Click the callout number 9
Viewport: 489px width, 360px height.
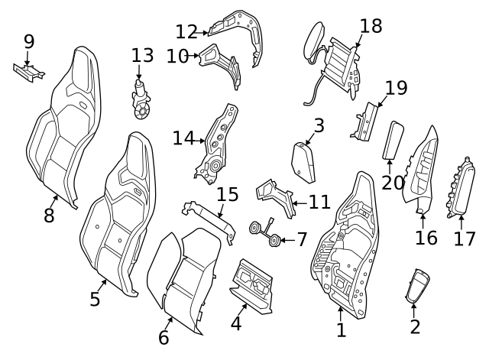pyautogui.click(x=29, y=41)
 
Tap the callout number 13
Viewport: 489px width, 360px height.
pyautogui.click(x=142, y=55)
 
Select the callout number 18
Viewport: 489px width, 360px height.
pyautogui.click(x=371, y=26)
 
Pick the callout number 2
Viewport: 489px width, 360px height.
pyautogui.click(x=415, y=327)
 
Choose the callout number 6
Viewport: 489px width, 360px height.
pyautogui.click(x=164, y=337)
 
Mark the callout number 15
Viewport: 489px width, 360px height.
pyautogui.click(x=228, y=194)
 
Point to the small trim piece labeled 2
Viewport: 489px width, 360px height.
pyautogui.click(x=416, y=287)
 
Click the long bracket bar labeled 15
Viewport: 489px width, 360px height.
pyautogui.click(x=208, y=219)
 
